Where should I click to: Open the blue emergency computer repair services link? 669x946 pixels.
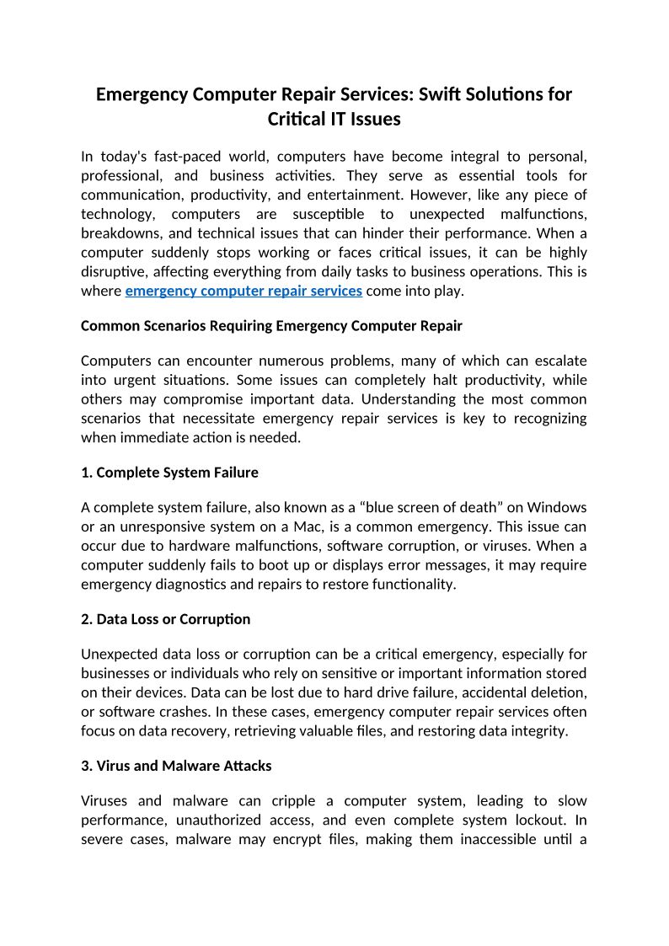pos(244,291)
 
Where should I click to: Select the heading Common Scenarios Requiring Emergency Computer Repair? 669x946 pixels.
pos(271,325)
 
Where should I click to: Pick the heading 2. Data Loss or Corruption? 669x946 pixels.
pos(165,618)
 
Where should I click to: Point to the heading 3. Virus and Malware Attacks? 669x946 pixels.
pos(176,766)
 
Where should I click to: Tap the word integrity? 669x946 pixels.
pos(537,730)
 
